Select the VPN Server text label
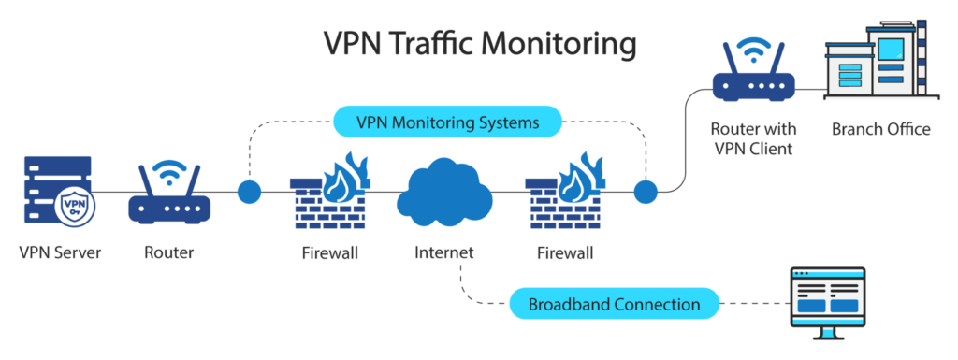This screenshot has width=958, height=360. [x=60, y=252]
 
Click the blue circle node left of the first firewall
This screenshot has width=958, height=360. [x=249, y=192]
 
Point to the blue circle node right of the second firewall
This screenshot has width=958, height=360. [x=646, y=192]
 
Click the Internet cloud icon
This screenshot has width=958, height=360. [x=444, y=191]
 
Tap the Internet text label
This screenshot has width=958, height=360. [x=444, y=252]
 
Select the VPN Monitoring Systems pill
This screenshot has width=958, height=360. [x=448, y=122]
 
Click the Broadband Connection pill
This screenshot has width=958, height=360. [x=614, y=303]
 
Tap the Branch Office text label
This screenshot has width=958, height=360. [x=881, y=129]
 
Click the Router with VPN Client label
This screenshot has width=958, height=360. [x=754, y=138]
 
